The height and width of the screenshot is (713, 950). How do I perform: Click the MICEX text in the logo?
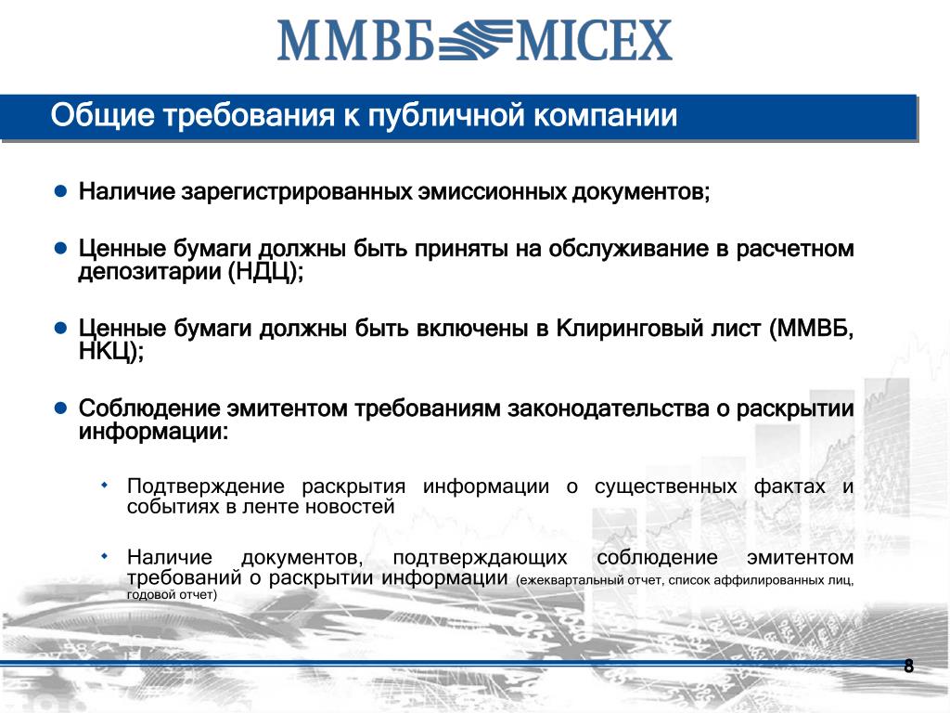point(594,40)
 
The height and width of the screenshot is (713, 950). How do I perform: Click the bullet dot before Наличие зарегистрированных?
point(60,191)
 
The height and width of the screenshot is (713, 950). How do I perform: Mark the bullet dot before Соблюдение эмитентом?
point(60,408)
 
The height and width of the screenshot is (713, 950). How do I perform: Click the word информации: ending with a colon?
point(153,432)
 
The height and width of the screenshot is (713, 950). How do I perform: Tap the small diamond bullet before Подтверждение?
point(105,485)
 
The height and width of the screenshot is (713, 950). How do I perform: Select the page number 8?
point(908,667)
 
